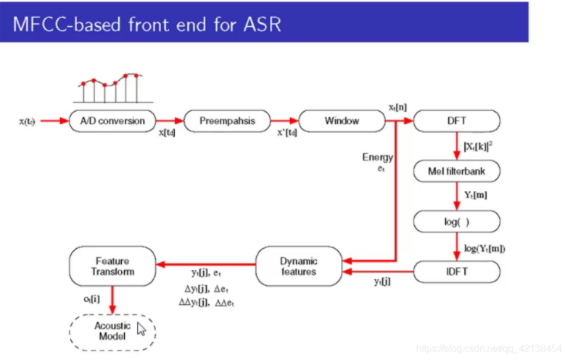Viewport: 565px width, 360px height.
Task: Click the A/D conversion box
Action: tap(112, 120)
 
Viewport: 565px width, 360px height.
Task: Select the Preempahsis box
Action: tap(227, 120)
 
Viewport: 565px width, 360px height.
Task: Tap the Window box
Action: tap(341, 120)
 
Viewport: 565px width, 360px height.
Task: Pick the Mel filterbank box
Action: tap(457, 172)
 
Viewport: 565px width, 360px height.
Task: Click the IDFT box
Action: tap(457, 271)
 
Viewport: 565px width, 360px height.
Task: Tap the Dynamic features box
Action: tap(298, 266)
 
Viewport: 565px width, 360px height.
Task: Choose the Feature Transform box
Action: tap(112, 266)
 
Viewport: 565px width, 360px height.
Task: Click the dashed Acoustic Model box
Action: tap(112, 331)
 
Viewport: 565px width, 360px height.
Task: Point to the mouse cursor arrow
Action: tap(141, 330)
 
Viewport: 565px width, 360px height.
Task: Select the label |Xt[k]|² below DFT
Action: tap(478, 147)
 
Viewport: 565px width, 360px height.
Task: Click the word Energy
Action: tap(378, 157)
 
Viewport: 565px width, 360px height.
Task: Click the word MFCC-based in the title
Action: tap(66, 24)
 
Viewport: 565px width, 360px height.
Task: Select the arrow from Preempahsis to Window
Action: tap(284, 120)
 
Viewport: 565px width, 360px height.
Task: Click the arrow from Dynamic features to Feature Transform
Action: tap(206, 266)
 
